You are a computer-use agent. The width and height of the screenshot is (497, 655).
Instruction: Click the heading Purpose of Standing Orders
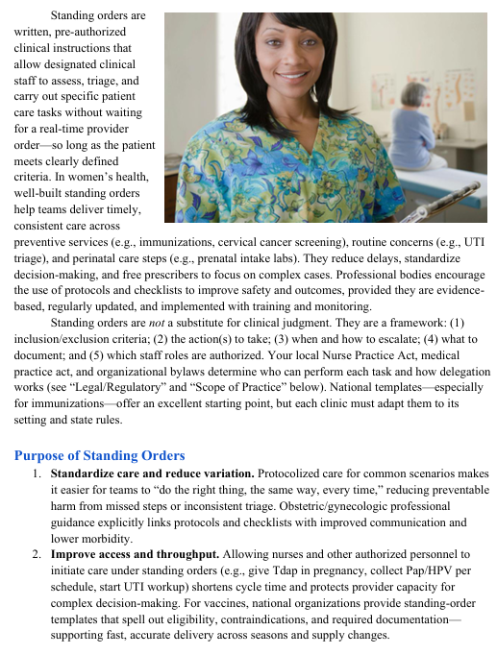pyautogui.click(x=100, y=454)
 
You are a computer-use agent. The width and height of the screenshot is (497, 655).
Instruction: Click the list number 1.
pyautogui.click(x=36, y=473)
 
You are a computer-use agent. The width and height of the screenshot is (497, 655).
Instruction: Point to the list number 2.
pyautogui.click(x=36, y=554)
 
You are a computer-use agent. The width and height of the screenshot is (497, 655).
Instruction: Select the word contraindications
pyautogui.click(x=276, y=619)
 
